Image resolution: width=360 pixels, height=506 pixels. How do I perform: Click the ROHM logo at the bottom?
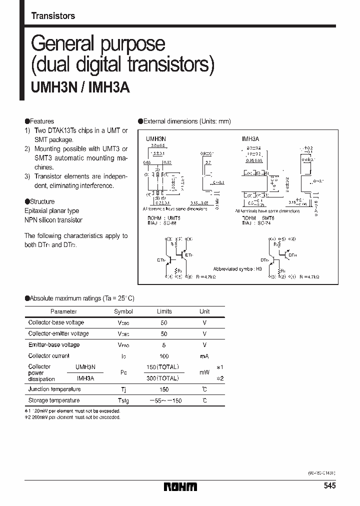pyautogui.click(x=180, y=486)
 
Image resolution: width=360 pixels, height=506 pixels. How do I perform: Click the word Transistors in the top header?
pyautogui.click(x=53, y=16)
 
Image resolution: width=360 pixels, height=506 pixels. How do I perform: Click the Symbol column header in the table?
pyautogui.click(x=124, y=311)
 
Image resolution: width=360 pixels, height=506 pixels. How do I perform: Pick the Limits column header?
pyautogui.click(x=164, y=311)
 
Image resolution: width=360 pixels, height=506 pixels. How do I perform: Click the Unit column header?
pyautogui.click(x=204, y=311)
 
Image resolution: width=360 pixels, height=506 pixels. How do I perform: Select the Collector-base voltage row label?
pyautogui.click(x=56, y=322)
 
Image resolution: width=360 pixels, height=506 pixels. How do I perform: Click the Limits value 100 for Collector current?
pyautogui.click(x=164, y=356)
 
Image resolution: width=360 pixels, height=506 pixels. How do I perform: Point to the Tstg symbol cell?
pyautogui.click(x=124, y=400)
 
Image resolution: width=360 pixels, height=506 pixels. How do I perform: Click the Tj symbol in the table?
pyautogui.click(x=124, y=389)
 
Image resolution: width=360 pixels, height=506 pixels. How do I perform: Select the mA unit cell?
pyautogui.click(x=204, y=356)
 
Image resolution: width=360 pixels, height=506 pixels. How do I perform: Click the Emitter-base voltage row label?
pyautogui.click(x=54, y=344)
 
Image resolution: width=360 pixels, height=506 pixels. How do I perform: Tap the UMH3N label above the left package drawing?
pyautogui.click(x=155, y=137)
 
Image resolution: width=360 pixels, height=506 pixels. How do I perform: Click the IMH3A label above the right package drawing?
pyautogui.click(x=250, y=137)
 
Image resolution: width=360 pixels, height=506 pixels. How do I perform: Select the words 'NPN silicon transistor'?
pyautogui.click(x=53, y=220)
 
